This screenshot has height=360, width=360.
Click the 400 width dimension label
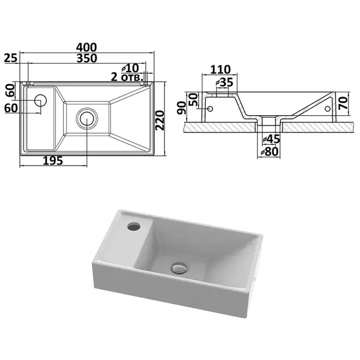point(86,47)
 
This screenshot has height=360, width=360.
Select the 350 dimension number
point(86,58)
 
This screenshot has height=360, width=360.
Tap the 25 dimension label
point(11,58)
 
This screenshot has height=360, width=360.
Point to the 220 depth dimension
point(160,120)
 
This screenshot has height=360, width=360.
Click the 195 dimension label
point(53,160)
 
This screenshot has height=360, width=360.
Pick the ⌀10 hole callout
point(130,68)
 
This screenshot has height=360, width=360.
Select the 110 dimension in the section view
point(220,70)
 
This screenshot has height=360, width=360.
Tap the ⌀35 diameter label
point(224,82)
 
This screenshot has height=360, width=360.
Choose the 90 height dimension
point(182,108)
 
